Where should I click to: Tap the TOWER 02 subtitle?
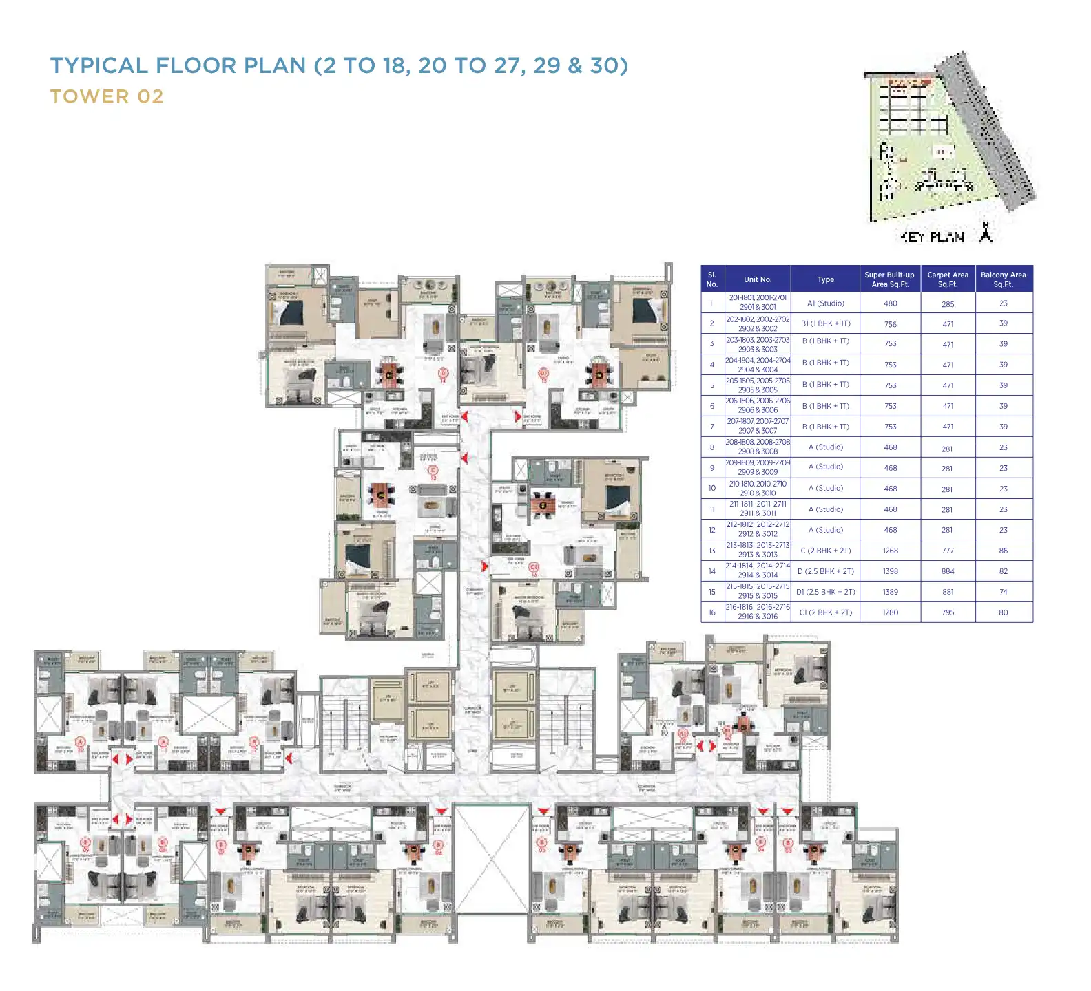[107, 96]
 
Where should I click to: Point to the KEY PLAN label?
[933, 237]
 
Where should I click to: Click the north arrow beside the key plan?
[986, 233]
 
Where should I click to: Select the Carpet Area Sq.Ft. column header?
[948, 279]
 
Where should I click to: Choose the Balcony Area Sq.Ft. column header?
[1004, 279]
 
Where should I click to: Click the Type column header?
[825, 279]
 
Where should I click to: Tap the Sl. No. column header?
[712, 279]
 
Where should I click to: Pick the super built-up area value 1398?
[890, 571]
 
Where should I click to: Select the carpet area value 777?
[948, 551]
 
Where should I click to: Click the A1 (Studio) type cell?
[825, 303]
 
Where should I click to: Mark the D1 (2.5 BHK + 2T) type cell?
[825, 592]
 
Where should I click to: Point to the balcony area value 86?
[1004, 551]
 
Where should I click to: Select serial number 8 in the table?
[712, 447]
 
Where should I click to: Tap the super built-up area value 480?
[890, 303]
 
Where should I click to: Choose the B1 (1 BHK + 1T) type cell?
[825, 323]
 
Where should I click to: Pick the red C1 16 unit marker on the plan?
[534, 569]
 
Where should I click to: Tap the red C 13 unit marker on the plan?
[543, 375]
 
